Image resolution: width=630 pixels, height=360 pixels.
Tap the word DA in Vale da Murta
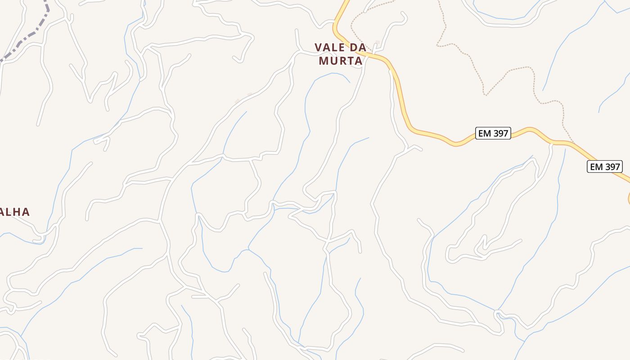(357, 47)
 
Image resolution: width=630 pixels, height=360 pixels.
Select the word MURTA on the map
(341, 61)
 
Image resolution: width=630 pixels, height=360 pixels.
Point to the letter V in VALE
(318, 47)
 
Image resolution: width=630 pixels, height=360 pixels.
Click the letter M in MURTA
(324, 61)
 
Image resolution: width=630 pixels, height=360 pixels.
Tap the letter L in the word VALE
(335, 47)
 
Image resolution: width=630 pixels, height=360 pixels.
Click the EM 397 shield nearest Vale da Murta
(493, 133)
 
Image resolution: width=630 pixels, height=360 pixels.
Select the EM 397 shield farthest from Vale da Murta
(605, 166)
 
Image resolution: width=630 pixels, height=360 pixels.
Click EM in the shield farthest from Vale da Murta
(596, 166)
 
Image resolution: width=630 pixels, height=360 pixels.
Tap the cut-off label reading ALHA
(14, 212)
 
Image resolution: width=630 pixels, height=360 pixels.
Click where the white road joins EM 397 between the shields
(551, 143)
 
